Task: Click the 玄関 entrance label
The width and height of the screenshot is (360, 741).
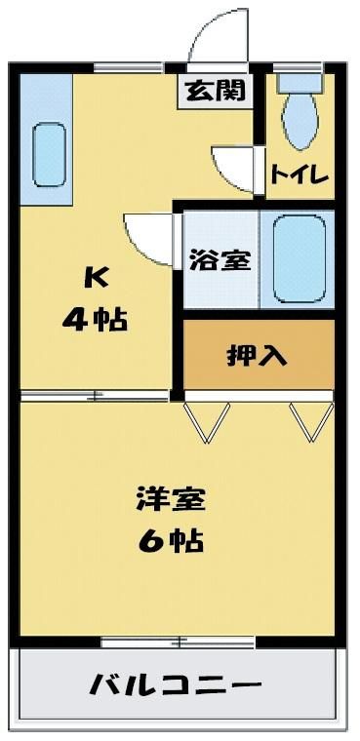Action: coord(216,92)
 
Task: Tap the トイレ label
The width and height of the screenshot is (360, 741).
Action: coord(300,175)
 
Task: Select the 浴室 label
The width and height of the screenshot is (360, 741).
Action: coord(220,261)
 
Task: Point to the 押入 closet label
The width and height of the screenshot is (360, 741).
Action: coord(257,355)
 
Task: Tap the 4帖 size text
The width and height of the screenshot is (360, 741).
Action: coord(95,321)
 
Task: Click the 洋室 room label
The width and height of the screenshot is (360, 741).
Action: coord(171,500)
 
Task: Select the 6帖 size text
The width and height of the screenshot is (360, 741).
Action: coord(171,540)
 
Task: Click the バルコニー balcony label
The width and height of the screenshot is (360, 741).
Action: coord(176,684)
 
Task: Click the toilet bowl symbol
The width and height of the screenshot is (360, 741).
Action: coord(299,113)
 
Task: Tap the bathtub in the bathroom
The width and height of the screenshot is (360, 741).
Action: coord(300,259)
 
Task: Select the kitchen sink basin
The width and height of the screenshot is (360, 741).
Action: coord(48,154)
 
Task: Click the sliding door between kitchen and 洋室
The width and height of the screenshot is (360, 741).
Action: coord(95,396)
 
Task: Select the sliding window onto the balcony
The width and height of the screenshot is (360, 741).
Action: coord(179,643)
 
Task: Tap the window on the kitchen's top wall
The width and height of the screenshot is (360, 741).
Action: coord(129,67)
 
